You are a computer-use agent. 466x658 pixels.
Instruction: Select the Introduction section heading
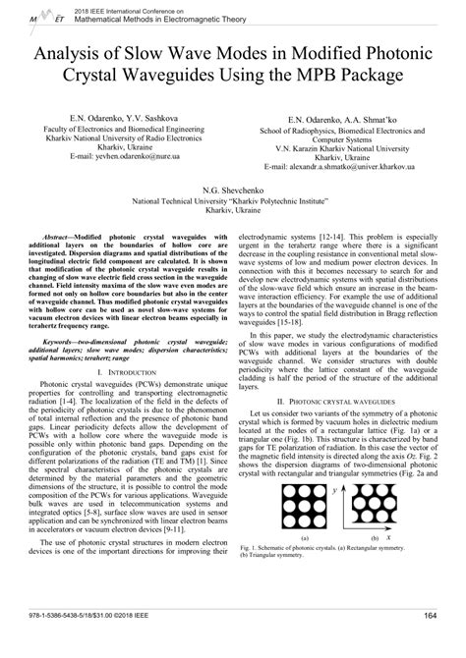tap(121, 347)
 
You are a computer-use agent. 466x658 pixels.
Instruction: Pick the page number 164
tap(429, 643)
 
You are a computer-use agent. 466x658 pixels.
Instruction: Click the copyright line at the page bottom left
tap(97, 643)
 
